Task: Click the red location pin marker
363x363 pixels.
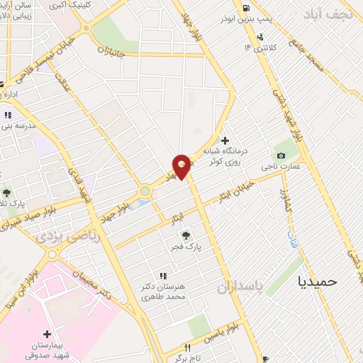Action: [182, 166]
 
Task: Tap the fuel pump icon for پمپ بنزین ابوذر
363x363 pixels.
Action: [245, 9]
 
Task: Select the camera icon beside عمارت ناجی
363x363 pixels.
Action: [281, 156]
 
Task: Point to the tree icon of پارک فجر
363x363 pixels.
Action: [186, 235]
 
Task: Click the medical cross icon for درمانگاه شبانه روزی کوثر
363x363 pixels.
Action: [225, 140]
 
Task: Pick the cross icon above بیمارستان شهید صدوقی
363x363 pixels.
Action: [48, 333]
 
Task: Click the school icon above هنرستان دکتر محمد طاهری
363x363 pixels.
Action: [163, 276]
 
